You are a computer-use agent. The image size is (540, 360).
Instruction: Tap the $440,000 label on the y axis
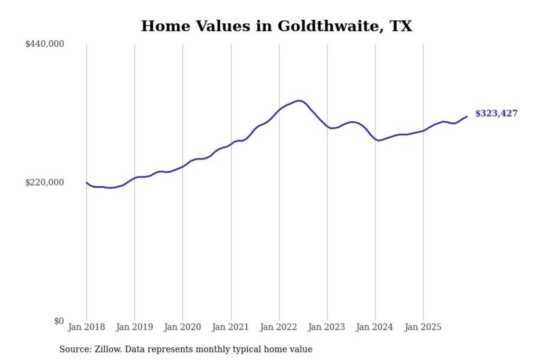point(45,44)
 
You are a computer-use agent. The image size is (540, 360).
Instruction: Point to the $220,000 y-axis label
point(45,182)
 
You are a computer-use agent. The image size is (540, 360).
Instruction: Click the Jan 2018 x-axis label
point(86,328)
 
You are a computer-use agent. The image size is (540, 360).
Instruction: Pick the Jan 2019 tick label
point(135,328)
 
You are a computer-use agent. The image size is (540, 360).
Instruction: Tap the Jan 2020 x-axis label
point(183,328)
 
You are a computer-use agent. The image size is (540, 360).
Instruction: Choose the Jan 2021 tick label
point(231,328)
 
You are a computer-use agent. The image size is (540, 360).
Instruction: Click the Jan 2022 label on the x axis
point(279,328)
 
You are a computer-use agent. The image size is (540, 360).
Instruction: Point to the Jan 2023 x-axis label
point(327,328)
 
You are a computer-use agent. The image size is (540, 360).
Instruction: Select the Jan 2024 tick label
point(375,328)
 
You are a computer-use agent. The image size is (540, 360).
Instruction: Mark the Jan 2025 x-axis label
point(423,328)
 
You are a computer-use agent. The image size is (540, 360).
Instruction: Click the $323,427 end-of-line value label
point(496,114)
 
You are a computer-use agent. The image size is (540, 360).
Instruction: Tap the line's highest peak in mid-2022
point(298,100)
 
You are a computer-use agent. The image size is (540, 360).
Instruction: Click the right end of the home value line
point(467,116)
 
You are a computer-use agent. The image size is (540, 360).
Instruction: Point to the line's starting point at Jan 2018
point(86,182)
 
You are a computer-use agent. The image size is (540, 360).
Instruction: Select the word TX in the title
point(401,26)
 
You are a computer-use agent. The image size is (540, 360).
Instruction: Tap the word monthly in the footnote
point(232,349)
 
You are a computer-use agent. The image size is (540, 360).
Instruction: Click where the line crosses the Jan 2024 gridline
point(375,139)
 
